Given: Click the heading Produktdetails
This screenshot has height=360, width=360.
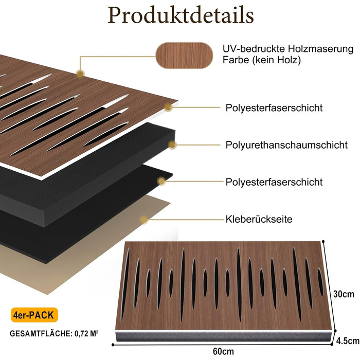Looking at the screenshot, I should [x=180, y=16].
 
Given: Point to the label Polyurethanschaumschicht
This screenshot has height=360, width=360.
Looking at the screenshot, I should [x=286, y=145].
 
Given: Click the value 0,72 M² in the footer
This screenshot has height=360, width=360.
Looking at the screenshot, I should [x=85, y=333].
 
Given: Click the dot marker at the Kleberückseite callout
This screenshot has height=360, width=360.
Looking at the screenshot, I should [x=145, y=220].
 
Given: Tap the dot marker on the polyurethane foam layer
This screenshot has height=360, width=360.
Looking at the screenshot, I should [x=172, y=145].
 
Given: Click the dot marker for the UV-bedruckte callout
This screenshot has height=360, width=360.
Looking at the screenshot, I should [x=80, y=74].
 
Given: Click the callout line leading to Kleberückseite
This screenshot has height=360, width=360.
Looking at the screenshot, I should [x=185, y=220].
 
